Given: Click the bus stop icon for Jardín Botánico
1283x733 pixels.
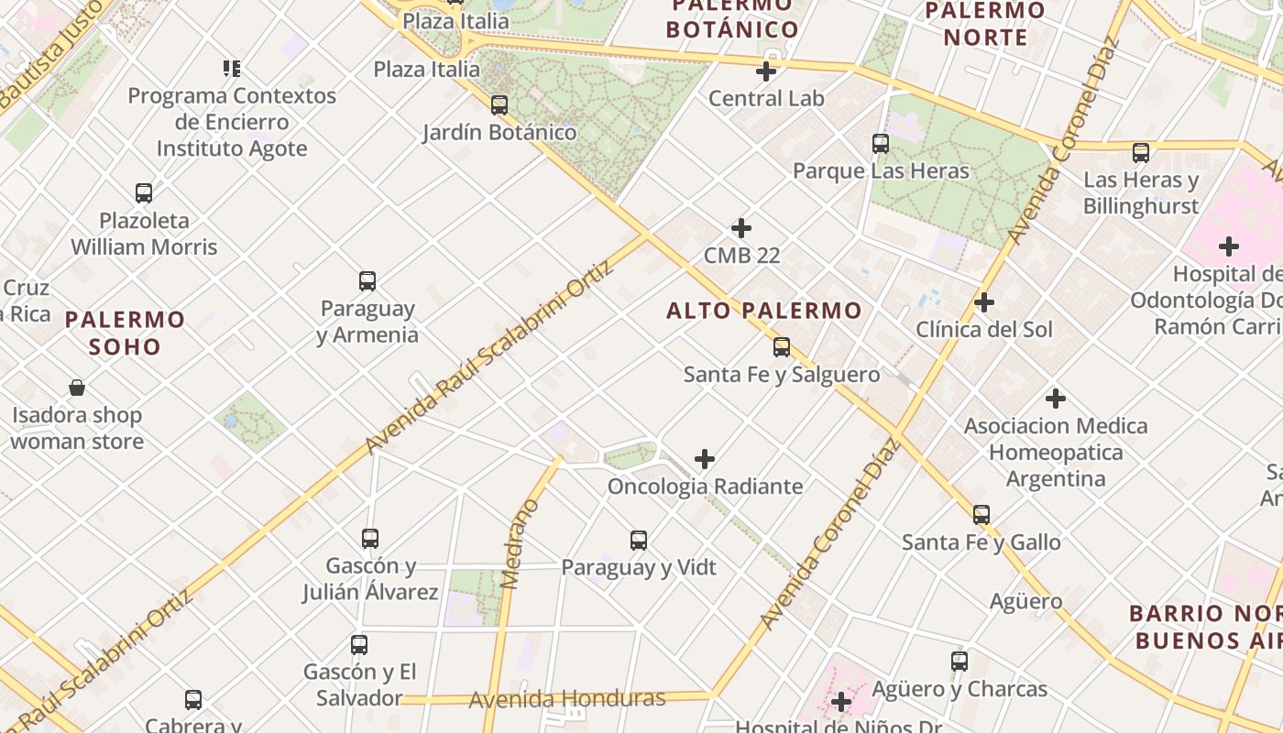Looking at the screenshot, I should click(499, 105).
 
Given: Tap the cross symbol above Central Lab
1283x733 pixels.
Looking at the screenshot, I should click(766, 71).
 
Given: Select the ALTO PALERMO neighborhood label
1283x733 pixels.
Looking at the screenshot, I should click(763, 311).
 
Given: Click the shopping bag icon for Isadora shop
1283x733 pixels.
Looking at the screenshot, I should click(77, 388).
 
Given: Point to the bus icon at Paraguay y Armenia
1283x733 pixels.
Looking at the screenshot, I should click(367, 281).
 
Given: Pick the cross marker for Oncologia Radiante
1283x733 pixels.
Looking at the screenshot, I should click(705, 459).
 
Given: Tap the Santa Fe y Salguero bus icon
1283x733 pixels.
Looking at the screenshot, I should click(782, 347).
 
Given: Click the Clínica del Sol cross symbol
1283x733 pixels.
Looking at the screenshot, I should click(984, 302).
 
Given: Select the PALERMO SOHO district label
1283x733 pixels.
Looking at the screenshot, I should click(126, 333).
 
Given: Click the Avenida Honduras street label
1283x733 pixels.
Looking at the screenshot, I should click(567, 699).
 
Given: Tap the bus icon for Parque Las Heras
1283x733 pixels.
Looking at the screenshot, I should click(881, 144).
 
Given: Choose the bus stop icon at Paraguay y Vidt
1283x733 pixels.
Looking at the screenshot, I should click(639, 541).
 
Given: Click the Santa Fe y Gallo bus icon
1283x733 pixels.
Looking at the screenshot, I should click(981, 515).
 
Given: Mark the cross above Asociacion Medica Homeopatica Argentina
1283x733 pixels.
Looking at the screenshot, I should click(1056, 399).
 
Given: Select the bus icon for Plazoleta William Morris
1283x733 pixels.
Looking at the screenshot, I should click(144, 193).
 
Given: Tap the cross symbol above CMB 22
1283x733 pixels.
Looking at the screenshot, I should click(741, 228).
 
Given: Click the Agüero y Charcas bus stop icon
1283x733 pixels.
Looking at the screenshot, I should click(960, 662).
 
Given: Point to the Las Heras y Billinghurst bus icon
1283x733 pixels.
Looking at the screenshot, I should click(1141, 153).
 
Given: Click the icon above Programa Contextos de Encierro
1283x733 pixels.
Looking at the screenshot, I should click(232, 69).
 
